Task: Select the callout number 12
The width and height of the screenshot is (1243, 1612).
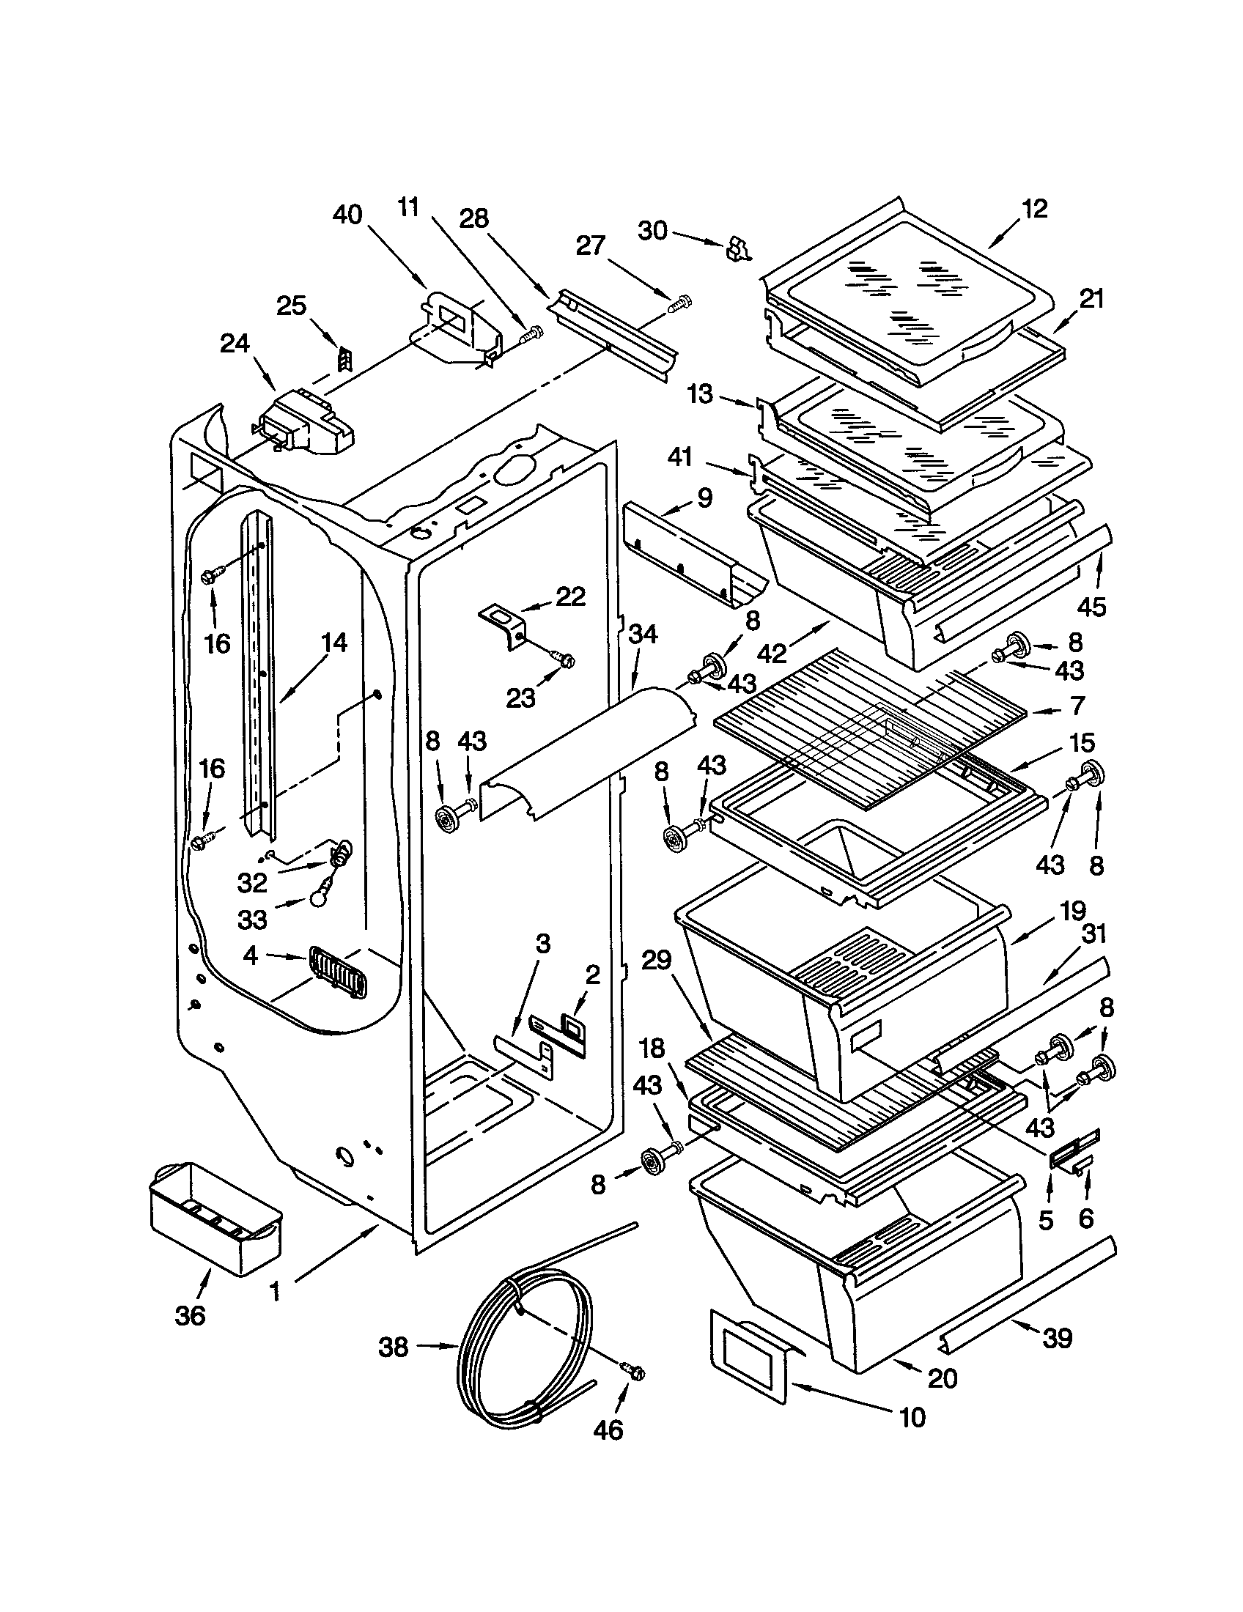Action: pyautogui.click(x=1036, y=209)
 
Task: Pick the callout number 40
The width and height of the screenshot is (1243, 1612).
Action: pyautogui.click(x=347, y=215)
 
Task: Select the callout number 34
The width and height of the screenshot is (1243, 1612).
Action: pyautogui.click(x=643, y=634)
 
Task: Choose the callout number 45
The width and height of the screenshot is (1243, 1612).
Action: pyautogui.click(x=1092, y=607)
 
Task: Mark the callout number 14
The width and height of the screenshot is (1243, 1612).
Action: pyautogui.click(x=333, y=642)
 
